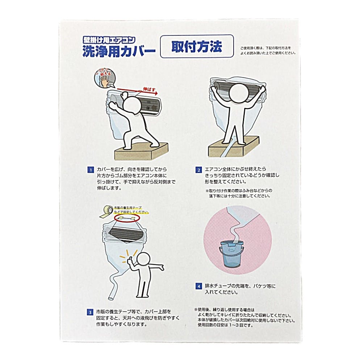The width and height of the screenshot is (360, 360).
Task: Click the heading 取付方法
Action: point(197,47)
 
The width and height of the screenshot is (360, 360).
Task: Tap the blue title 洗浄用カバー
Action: point(119,51)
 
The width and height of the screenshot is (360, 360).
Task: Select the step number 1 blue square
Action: point(91,170)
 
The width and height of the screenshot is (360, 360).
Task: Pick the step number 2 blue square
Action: point(198,170)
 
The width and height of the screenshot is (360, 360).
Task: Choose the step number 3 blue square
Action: point(90,312)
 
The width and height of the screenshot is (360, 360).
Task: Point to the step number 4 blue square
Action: point(198,286)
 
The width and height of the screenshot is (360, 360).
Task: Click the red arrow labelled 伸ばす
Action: point(137,91)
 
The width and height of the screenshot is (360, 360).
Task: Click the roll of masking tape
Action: point(107,212)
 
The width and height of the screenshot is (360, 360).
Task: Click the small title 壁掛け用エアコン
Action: point(109,40)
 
